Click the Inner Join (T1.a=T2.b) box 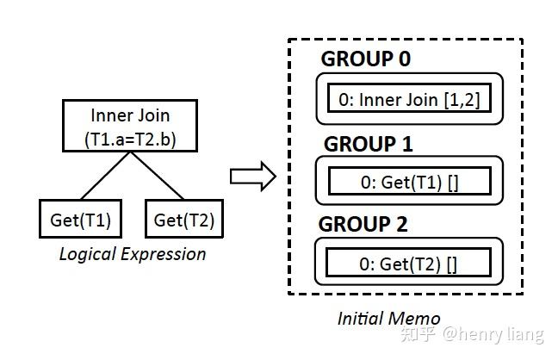130,127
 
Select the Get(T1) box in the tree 80,220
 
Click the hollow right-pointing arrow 252,177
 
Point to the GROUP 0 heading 365,59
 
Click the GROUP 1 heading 368,143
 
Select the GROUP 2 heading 364,225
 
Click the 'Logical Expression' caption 132,254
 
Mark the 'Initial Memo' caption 388,318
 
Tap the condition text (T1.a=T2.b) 130,138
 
